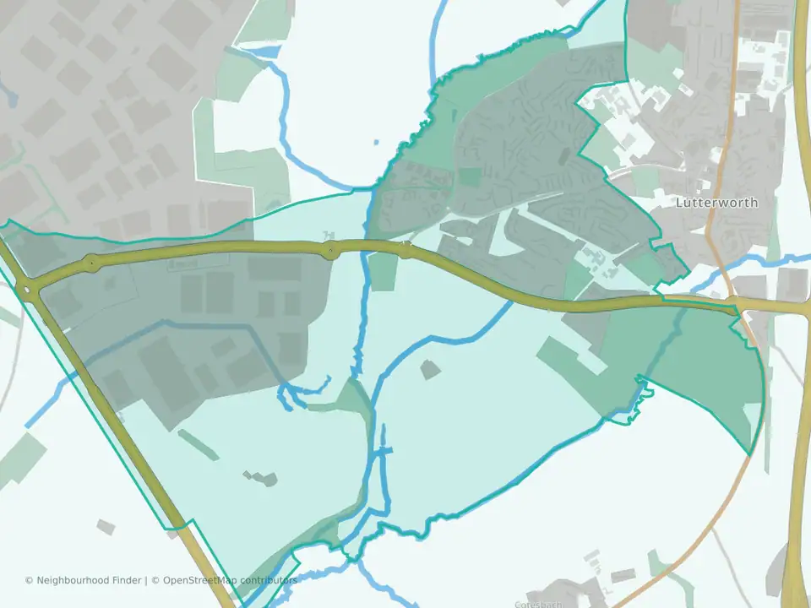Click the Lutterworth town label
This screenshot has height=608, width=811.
click(716, 203)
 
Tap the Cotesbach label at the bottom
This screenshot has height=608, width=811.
click(538, 604)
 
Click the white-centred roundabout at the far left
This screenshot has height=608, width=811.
click(30, 291)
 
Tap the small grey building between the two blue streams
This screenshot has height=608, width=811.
click(430, 369)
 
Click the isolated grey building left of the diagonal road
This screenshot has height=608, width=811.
click(106, 527)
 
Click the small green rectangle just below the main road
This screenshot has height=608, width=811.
click(383, 271)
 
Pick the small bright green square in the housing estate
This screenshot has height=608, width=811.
click(471, 177)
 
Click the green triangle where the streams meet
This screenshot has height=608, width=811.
click(356, 396)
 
